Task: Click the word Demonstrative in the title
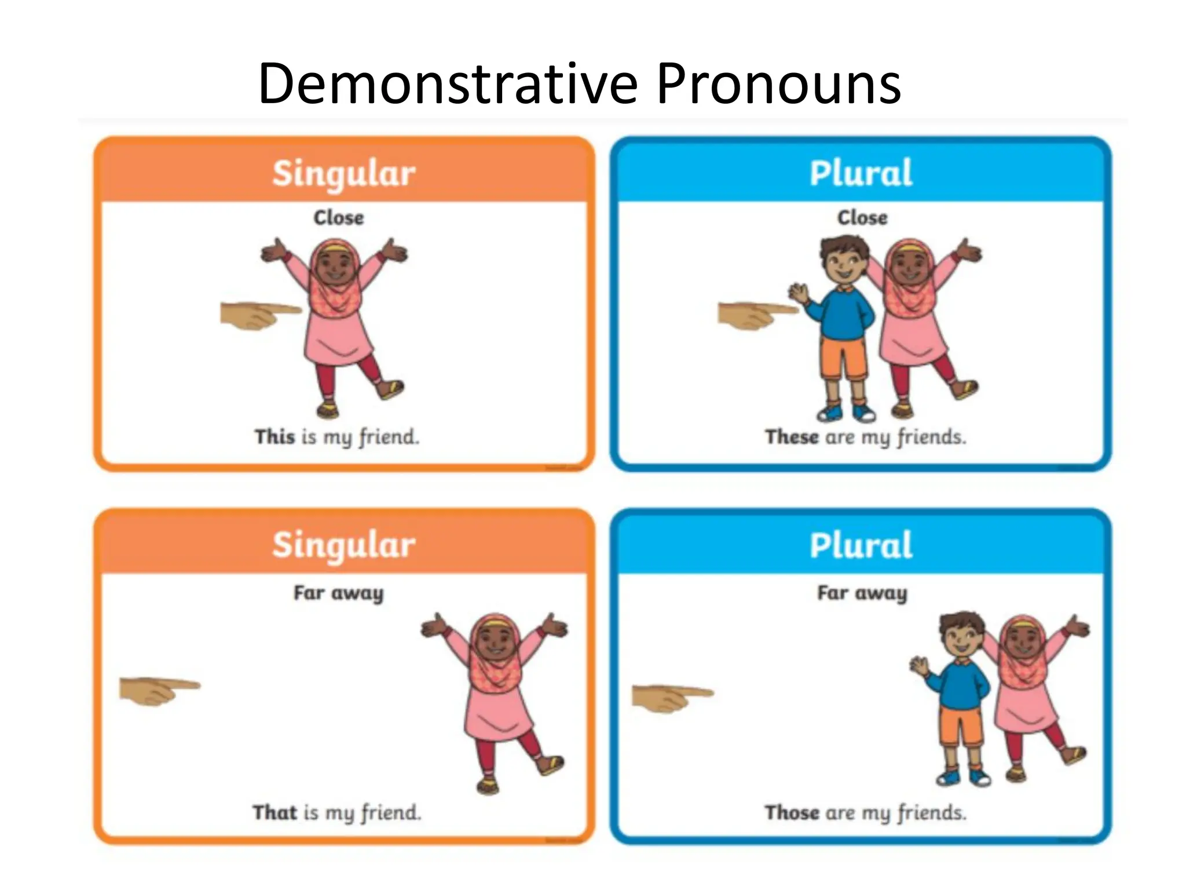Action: tap(447, 85)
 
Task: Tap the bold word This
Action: tap(275, 436)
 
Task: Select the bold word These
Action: tap(791, 436)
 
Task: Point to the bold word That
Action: tap(274, 812)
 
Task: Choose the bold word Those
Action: tap(791, 812)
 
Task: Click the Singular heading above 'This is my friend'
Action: tap(344, 173)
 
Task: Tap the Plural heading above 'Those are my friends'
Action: tap(861, 545)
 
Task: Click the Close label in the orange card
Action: tap(339, 217)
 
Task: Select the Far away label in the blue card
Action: tap(862, 592)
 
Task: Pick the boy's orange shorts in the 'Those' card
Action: tap(961, 724)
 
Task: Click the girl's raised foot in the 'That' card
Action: tap(550, 764)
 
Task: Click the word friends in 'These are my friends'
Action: tap(931, 436)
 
